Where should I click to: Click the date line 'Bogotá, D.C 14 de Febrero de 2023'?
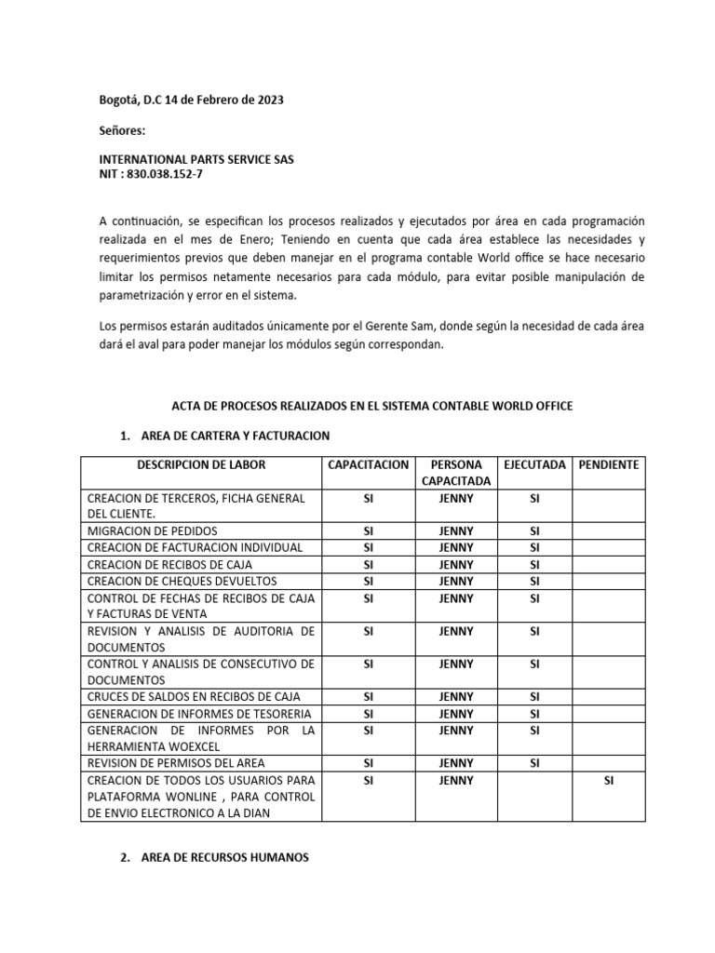pyautogui.click(x=191, y=99)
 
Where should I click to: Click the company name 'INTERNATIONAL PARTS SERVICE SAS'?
pyautogui.click(x=196, y=159)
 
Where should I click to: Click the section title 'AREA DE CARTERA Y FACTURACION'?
pyautogui.click(x=235, y=436)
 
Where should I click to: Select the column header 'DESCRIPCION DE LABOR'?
pyautogui.click(x=201, y=464)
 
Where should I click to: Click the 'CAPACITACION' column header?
pyautogui.click(x=368, y=464)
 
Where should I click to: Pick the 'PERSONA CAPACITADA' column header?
pyautogui.click(x=455, y=473)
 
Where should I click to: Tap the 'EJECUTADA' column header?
pyautogui.click(x=533, y=464)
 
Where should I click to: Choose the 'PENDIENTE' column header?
pyautogui.click(x=608, y=464)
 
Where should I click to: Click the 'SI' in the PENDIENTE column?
pyautogui.click(x=608, y=780)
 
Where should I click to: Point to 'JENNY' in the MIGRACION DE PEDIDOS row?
pyautogui.click(x=455, y=530)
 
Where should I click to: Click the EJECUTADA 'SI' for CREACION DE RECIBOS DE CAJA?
pyautogui.click(x=534, y=564)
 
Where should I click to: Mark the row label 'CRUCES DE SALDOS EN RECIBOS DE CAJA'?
pyautogui.click(x=194, y=697)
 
